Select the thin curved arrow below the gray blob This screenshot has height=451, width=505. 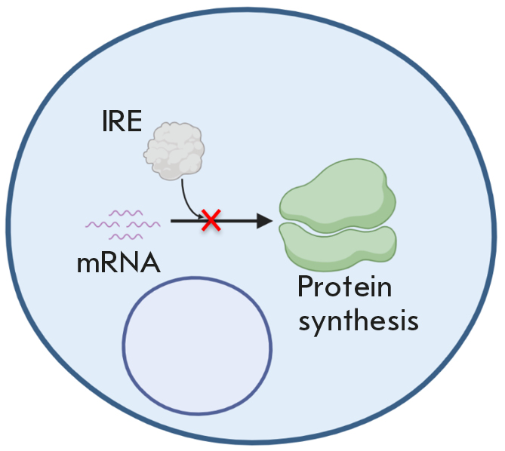tap(186, 202)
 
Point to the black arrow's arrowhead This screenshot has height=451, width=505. tap(264, 220)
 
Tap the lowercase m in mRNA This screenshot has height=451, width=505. tap(88, 265)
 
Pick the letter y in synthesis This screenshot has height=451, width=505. tap(322, 324)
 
